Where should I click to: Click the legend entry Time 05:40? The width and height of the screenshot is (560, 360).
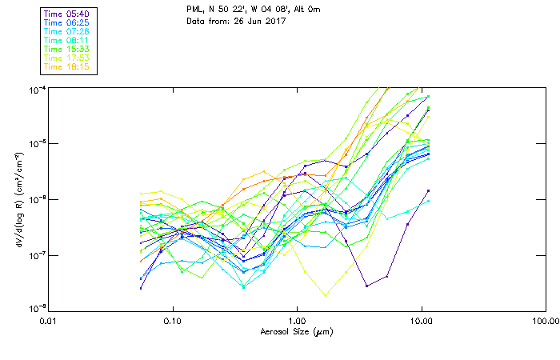(x=66, y=13)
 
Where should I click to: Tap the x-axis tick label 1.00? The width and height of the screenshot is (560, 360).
(x=297, y=322)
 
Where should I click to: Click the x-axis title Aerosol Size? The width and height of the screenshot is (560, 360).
(x=297, y=331)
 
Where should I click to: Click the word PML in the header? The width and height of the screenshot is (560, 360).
(x=194, y=9)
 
